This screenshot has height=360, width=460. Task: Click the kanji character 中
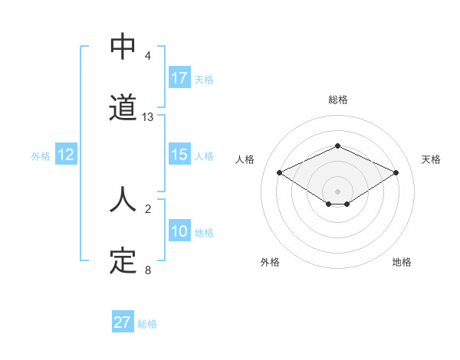point(123,47)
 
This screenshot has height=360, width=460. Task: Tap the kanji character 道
point(123,108)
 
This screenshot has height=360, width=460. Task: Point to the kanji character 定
point(123,261)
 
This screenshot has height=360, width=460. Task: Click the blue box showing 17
point(179,78)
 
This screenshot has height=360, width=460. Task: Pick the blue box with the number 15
point(179,155)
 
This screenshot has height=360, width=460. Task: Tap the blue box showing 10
point(179,231)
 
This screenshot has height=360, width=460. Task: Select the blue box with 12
point(66,155)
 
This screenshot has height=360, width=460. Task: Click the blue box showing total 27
point(123,322)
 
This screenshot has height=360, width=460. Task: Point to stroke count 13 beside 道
point(148,117)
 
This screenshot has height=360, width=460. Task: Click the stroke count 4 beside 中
point(148,56)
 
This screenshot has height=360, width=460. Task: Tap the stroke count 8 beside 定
point(148,270)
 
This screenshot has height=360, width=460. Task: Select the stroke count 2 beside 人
point(148,208)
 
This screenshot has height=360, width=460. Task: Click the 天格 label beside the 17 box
point(204,79)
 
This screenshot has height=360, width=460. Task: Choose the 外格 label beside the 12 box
point(41,155)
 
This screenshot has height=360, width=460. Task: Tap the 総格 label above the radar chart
point(337,100)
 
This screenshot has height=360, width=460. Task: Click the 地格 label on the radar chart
point(402,262)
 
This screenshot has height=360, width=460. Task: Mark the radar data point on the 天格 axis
point(396,172)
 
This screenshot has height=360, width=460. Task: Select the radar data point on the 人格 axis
point(279,172)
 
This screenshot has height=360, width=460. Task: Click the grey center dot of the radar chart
point(337,191)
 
